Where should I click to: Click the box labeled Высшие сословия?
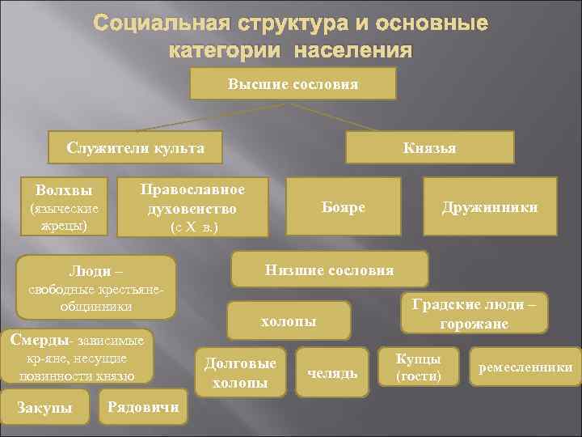tap(293, 83)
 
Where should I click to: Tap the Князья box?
tap(429, 147)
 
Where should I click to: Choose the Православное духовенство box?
tap(192, 207)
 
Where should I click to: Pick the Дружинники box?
tap(490, 207)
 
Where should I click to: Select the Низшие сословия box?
tap(329, 269)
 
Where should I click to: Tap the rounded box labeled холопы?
tap(289, 320)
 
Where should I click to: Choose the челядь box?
tap(332, 372)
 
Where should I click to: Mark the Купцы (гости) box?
tap(418, 367)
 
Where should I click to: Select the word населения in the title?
tap(352, 50)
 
